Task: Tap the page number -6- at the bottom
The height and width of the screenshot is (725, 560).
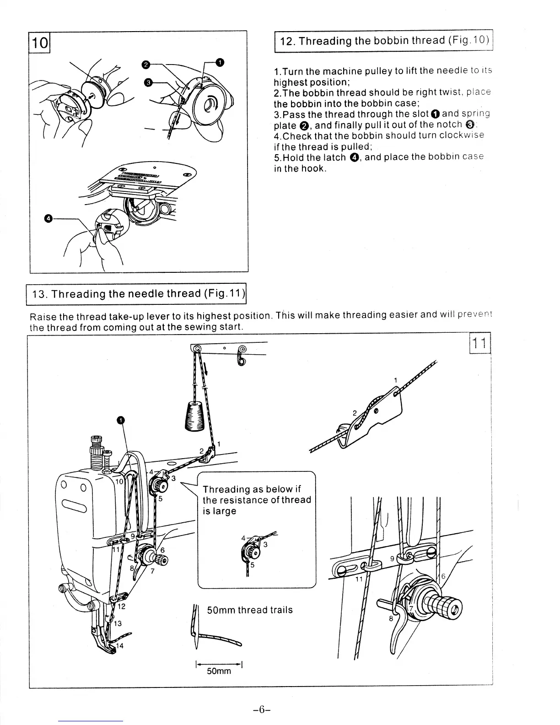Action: coord(262,709)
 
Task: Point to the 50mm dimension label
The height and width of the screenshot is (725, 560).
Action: coord(219,671)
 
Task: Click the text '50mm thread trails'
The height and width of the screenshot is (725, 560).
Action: coord(250,610)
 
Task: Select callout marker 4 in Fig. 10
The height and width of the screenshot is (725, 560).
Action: coord(47,219)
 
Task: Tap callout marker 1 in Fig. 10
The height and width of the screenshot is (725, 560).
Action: coord(220,62)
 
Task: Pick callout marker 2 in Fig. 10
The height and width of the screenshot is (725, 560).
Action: coord(145,65)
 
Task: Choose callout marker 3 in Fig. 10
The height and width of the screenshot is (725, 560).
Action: coord(147,82)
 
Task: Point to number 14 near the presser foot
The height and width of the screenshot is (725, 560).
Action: coord(119,646)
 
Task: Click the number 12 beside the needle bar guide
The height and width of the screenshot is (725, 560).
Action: coord(122,606)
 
